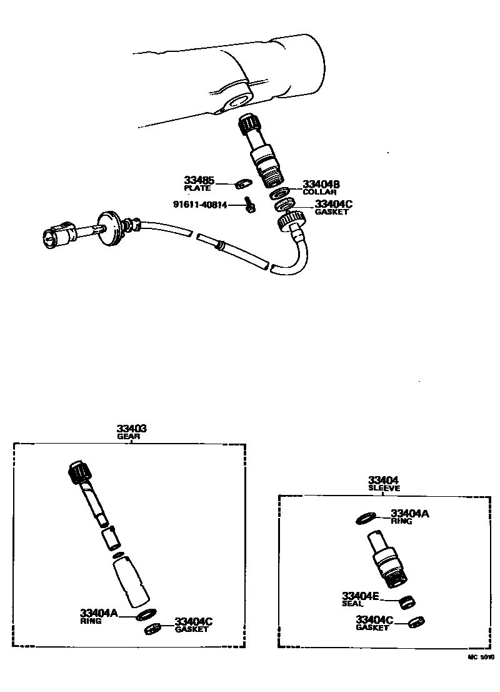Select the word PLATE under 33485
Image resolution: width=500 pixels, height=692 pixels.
click(x=197, y=188)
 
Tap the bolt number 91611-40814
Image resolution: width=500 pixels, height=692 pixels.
click(x=200, y=205)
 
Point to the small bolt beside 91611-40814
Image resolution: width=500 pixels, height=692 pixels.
click(x=249, y=206)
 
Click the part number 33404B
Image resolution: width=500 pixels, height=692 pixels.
click(x=321, y=184)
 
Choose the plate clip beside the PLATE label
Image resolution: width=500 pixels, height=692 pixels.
click(x=241, y=184)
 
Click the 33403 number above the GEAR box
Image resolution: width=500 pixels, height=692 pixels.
click(x=131, y=429)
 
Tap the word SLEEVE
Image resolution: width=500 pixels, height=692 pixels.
click(x=384, y=488)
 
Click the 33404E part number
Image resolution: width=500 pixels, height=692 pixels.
click(x=360, y=596)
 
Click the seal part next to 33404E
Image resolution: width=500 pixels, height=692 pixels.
click(x=407, y=602)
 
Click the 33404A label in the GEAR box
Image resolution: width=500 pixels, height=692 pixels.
click(x=99, y=613)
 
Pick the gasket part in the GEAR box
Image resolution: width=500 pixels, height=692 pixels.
click(x=152, y=628)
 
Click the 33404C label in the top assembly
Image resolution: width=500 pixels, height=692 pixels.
click(x=334, y=204)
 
